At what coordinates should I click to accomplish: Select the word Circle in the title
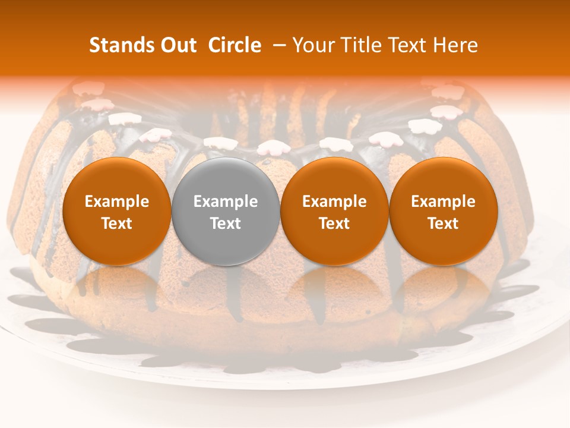(235, 45)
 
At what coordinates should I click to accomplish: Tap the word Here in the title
(457, 45)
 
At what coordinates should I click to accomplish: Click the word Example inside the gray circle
(226, 202)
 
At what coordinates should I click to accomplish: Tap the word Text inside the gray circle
(226, 224)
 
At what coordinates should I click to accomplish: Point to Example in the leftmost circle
(116, 202)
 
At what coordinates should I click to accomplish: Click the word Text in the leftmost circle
(116, 224)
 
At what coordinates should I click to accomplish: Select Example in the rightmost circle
(443, 202)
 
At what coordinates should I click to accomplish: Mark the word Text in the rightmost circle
(443, 224)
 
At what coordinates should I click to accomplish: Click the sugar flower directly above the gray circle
(220, 143)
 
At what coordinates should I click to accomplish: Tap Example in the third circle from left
(334, 202)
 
